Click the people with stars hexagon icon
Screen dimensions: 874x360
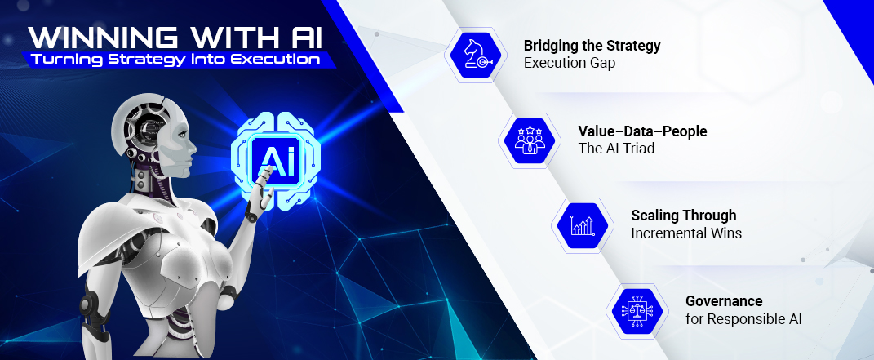(529, 140)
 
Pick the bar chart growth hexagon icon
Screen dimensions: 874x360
(583, 225)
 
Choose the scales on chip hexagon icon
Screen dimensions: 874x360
(637, 311)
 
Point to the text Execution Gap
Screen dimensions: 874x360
(570, 63)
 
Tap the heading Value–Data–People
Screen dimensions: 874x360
(642, 131)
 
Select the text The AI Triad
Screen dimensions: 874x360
(616, 149)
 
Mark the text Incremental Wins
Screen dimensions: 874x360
(686, 233)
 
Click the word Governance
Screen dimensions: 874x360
(724, 301)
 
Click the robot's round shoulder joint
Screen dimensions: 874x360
(88, 304)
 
